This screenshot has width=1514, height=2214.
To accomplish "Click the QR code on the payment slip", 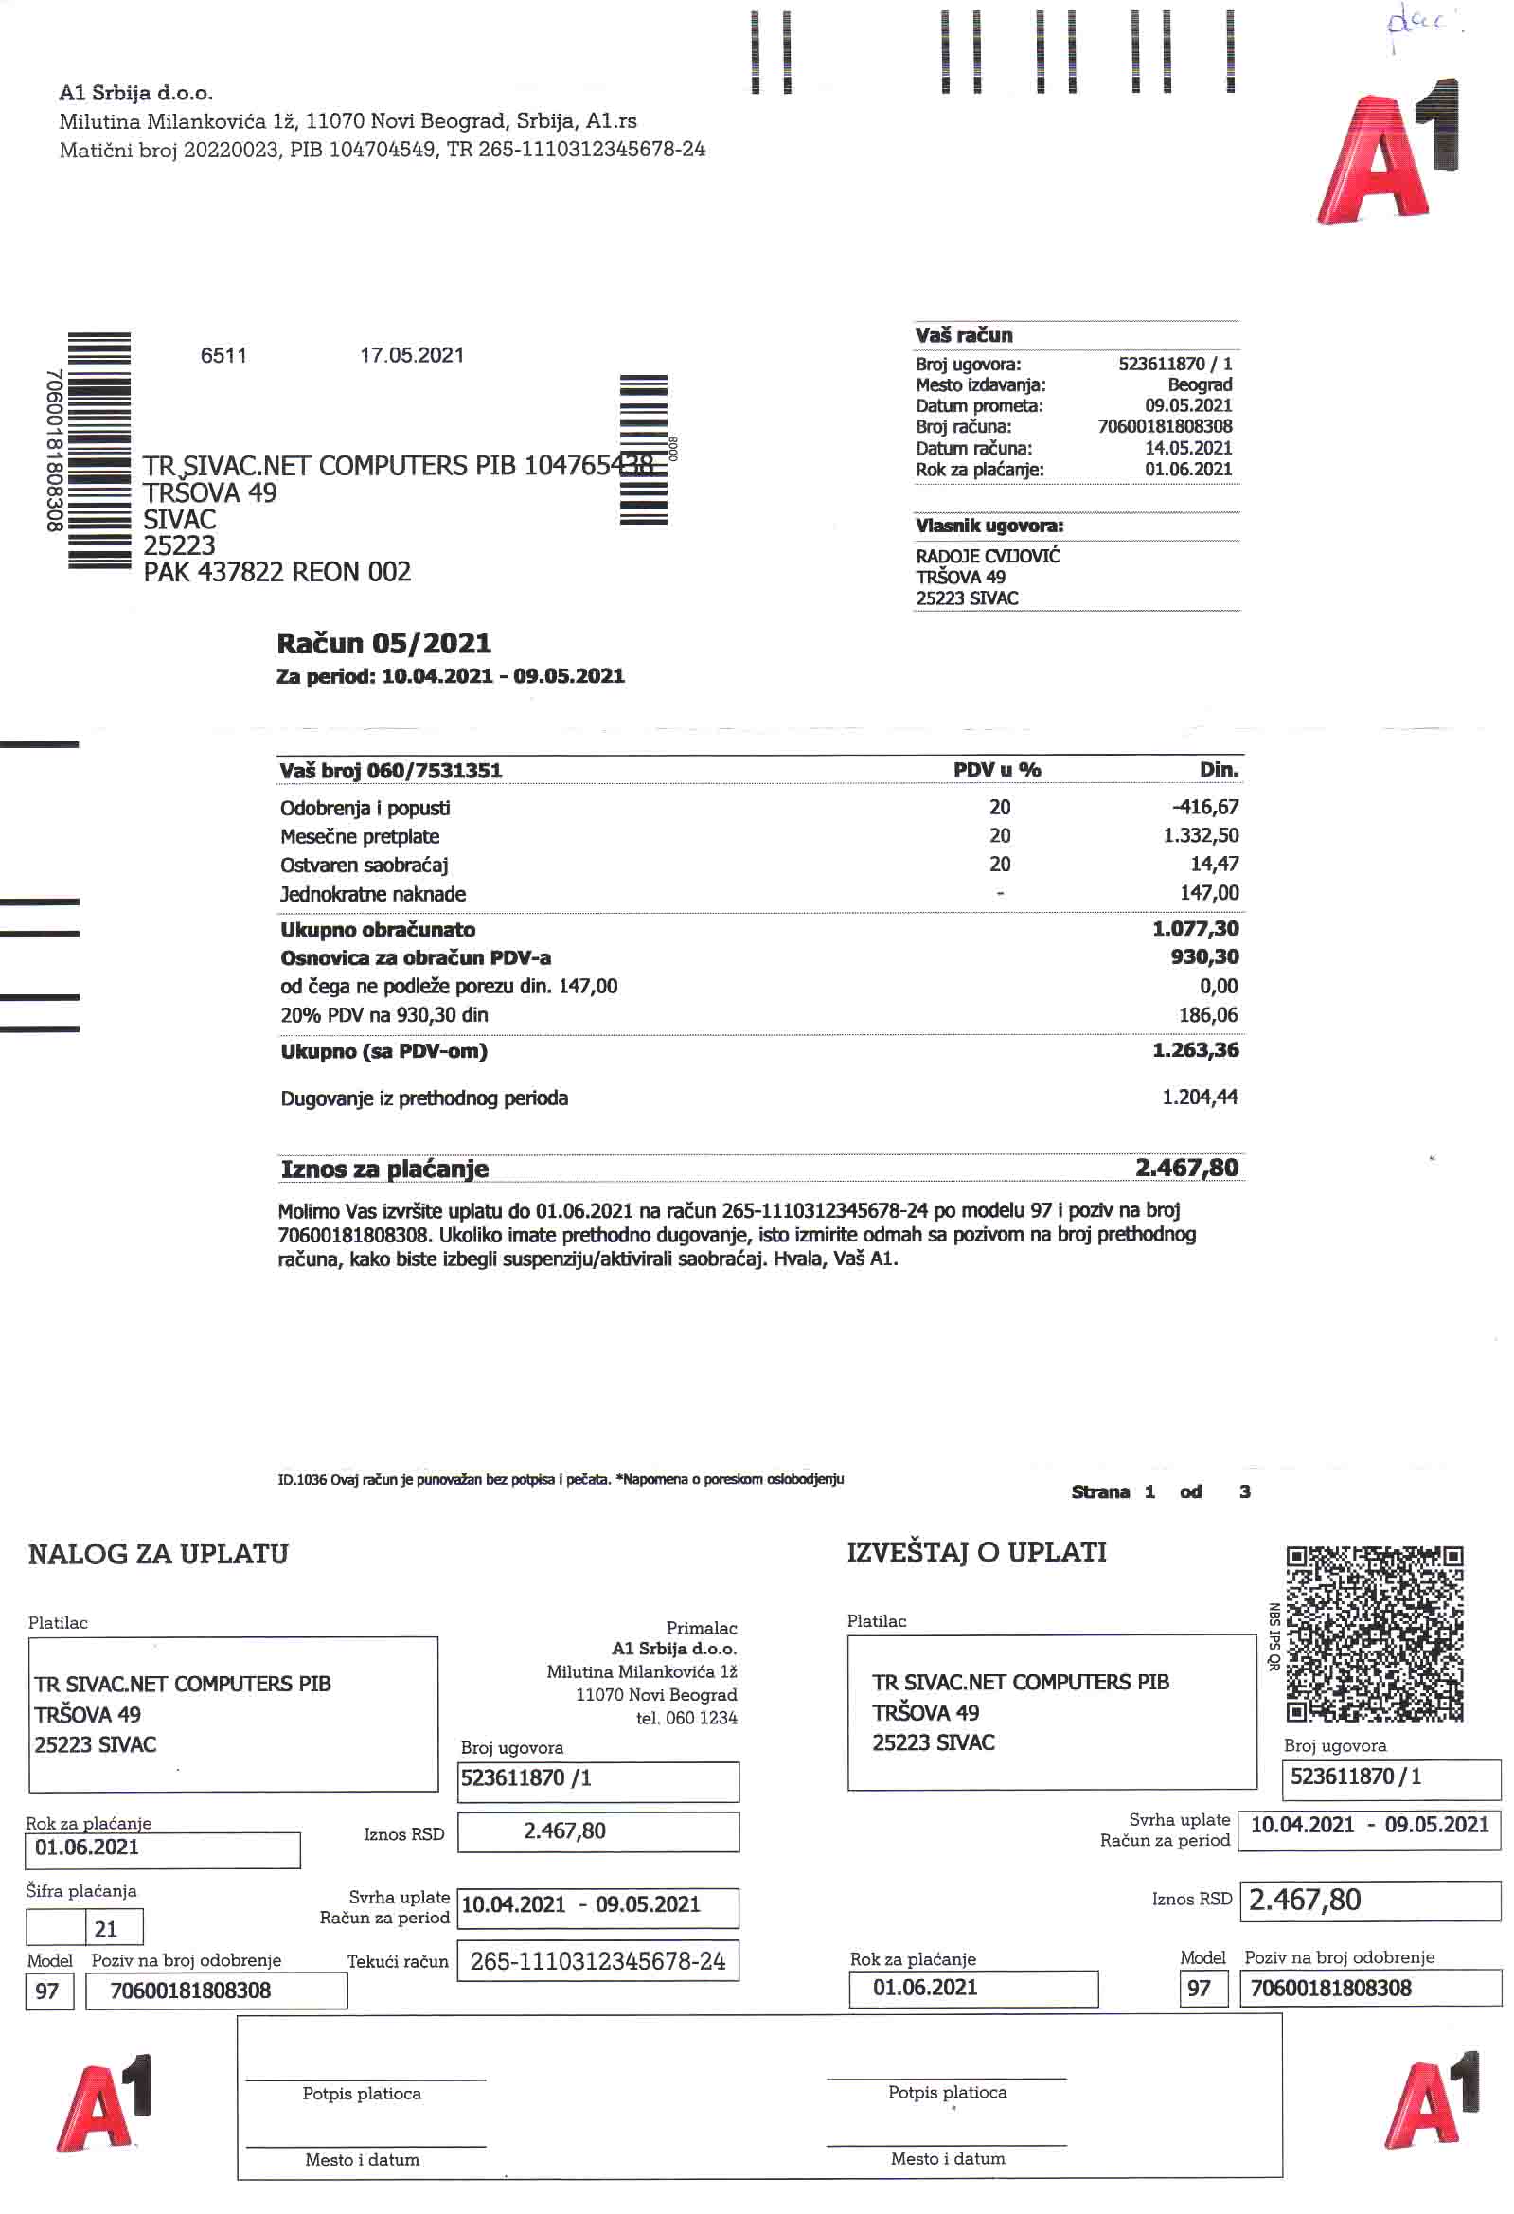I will tap(1374, 1634).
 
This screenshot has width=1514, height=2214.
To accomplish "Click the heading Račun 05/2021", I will tap(384, 644).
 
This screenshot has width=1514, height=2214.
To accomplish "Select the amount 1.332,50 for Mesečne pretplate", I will tap(1201, 835).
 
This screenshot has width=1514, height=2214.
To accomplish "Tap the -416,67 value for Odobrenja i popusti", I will tap(1205, 807).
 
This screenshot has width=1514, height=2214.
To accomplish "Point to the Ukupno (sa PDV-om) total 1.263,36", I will tap(1195, 1051).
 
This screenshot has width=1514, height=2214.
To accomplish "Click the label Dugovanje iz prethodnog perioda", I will tap(424, 1098).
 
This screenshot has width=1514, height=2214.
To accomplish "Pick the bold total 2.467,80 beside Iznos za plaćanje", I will tap(1186, 1168).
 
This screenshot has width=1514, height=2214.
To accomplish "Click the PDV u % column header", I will tap(997, 770).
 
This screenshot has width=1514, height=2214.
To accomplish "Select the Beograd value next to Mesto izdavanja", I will tap(1200, 384).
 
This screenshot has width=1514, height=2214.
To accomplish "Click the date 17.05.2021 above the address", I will tap(412, 355).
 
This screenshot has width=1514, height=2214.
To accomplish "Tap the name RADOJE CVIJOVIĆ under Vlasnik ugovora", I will tap(988, 557).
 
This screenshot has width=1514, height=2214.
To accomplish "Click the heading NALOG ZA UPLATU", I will tap(158, 1554).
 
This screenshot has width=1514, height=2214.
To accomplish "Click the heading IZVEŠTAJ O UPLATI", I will tap(976, 1552).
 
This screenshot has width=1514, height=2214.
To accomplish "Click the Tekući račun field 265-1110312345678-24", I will tap(597, 1961).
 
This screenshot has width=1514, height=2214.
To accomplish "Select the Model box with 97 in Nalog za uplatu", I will tap(47, 1991).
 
